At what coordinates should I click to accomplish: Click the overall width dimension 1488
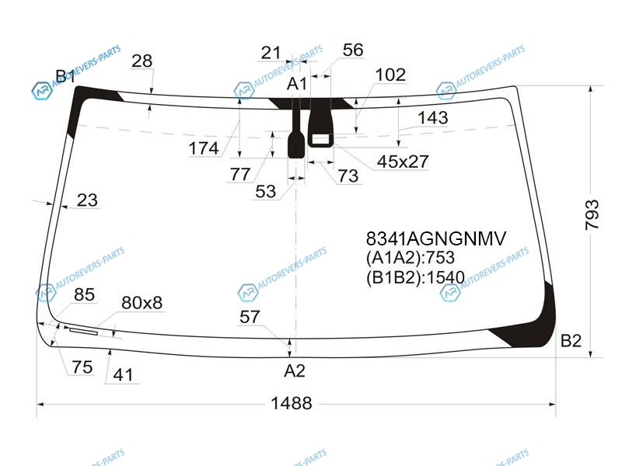click(291, 403)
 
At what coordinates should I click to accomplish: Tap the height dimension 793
click(592, 214)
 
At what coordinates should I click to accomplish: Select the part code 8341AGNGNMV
click(436, 238)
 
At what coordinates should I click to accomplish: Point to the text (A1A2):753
click(411, 258)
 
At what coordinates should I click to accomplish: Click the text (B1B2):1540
click(415, 277)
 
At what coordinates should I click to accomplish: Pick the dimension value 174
click(204, 148)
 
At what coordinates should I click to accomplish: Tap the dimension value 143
click(433, 117)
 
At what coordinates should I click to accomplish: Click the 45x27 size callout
click(403, 162)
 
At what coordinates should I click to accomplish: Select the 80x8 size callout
click(142, 302)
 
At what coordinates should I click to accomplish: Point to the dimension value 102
click(390, 75)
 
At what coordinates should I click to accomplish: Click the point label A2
click(295, 371)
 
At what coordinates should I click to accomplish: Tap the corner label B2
click(571, 340)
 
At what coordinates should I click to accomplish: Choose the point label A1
click(297, 84)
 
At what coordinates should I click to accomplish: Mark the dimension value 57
click(250, 317)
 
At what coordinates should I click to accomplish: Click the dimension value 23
click(87, 200)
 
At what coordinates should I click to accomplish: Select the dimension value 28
click(142, 61)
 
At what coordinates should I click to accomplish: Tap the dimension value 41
click(123, 374)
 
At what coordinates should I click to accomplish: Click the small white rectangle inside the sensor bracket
click(321, 139)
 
